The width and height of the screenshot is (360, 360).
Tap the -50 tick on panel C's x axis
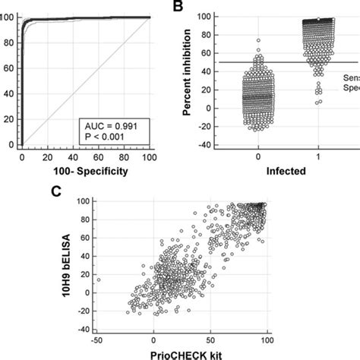coord(99,339)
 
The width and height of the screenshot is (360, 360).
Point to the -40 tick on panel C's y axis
coord(109,327)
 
